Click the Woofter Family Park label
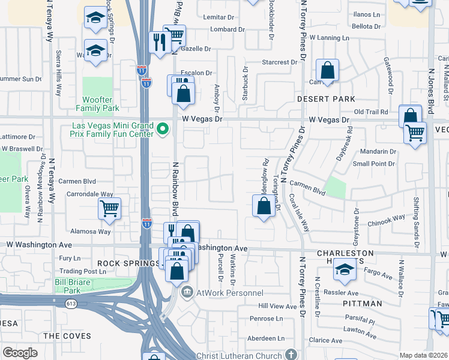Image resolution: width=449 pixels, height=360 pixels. (97, 103)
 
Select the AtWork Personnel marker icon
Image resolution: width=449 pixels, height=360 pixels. (187, 292)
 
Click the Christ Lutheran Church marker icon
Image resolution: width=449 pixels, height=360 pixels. (291, 354)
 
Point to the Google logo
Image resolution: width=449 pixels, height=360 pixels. (20, 353)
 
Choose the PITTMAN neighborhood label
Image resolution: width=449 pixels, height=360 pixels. (362, 304)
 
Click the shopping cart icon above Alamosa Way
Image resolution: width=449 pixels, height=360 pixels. (109, 209)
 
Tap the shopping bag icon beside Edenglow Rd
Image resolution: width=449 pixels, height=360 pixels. (264, 207)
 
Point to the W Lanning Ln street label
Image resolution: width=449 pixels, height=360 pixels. (328, 38)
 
